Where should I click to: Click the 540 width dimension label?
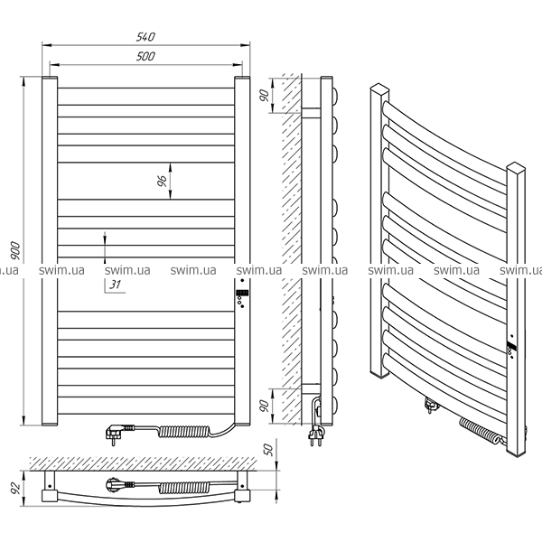coord(145,37)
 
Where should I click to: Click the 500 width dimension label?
coord(145,56)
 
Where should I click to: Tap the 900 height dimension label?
coord(15,251)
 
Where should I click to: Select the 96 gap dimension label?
coord(162,181)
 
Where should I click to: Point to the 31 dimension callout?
coord(116,285)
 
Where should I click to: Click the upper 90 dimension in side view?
coord(264,95)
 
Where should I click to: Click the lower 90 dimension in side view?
coord(264,406)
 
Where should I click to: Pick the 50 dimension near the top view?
coord(268,449)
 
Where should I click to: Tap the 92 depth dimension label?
coord(15,488)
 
